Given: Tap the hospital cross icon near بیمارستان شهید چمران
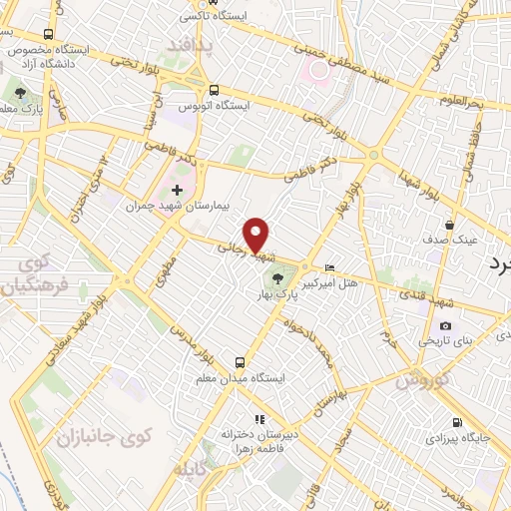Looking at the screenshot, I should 177,190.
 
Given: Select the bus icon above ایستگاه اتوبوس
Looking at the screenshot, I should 214,87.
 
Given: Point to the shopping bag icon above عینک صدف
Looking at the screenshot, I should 451,225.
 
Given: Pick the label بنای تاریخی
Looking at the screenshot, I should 472,340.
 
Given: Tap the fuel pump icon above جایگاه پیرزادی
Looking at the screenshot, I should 457,422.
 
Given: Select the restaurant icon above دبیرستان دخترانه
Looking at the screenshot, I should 257,419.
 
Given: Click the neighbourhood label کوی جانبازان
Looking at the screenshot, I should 102,435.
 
